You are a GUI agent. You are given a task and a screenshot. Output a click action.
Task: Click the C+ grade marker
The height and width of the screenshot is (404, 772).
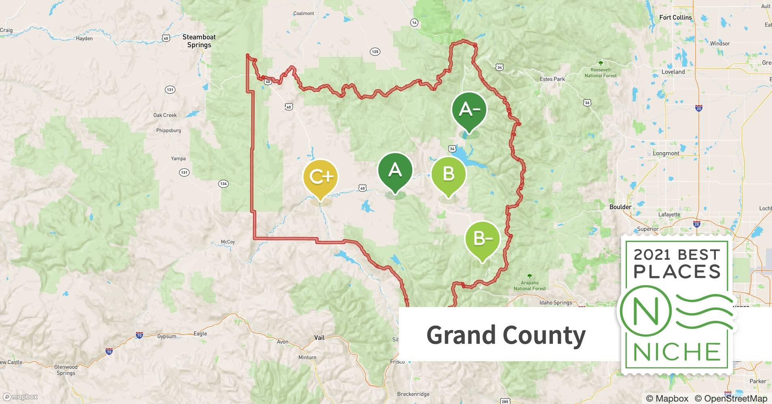pyautogui.click(x=320, y=177)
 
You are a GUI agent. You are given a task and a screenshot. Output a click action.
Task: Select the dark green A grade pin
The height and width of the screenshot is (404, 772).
pyautogui.click(x=395, y=170)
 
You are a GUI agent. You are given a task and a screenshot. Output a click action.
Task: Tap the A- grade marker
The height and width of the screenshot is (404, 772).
pyautogui.click(x=469, y=109)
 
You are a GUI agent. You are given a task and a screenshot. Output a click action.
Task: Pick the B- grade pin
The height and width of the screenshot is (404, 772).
pyautogui.click(x=482, y=239)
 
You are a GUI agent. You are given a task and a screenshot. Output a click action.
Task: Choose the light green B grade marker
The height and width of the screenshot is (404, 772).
pyautogui.click(x=448, y=174)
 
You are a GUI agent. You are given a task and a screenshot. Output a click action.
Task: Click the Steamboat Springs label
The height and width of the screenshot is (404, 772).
pyautogui.click(x=199, y=41)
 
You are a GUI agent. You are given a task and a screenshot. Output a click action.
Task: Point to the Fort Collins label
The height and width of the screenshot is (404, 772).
pyautogui.click(x=675, y=17)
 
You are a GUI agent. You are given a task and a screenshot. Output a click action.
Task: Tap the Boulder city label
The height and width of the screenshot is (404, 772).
pyautogui.click(x=620, y=207)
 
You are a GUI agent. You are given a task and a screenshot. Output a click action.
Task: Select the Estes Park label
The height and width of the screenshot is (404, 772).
pyautogui.click(x=552, y=79)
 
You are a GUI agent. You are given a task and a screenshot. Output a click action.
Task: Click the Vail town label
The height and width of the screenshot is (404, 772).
pyautogui.click(x=319, y=337)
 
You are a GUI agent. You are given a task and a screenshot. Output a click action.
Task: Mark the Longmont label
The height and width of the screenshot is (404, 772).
pyautogui.click(x=666, y=154)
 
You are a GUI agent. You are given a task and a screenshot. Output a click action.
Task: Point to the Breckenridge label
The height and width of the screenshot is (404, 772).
pyautogui.click(x=413, y=394)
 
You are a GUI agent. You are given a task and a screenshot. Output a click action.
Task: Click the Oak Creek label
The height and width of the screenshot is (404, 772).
pyautogui.click(x=165, y=115)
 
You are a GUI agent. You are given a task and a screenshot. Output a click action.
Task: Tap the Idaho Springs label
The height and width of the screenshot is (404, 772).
pyautogui.click(x=556, y=303)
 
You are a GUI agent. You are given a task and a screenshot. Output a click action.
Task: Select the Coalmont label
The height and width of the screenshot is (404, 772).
pyautogui.click(x=304, y=13)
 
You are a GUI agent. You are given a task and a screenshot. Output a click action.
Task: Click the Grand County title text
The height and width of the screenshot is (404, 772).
pyautogui.click(x=506, y=335)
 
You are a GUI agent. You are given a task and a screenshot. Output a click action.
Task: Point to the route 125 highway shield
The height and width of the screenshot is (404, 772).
pyautogui.click(x=375, y=52)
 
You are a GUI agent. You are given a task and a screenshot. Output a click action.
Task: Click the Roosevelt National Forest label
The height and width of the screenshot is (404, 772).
pyautogui.click(x=601, y=73)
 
